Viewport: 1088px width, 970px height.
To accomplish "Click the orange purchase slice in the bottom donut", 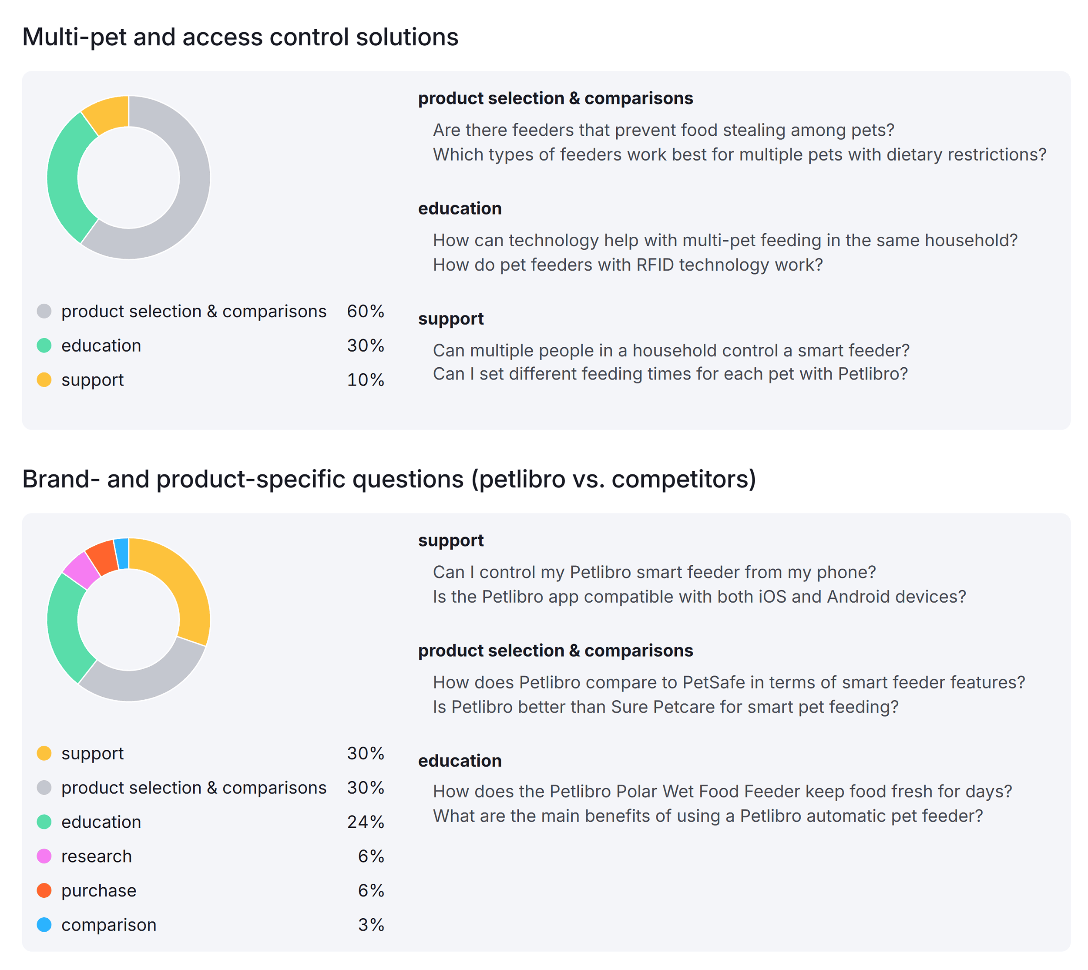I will click(x=102, y=557).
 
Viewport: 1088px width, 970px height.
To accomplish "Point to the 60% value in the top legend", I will click(x=365, y=311).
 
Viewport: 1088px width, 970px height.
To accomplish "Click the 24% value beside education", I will click(x=365, y=822).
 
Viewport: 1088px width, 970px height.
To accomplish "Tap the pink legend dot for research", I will click(x=44, y=856).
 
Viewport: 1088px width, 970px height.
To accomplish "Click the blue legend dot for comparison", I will click(x=44, y=925).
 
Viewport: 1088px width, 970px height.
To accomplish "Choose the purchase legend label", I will click(x=99, y=891).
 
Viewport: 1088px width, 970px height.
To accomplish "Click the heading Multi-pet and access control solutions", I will click(x=240, y=37).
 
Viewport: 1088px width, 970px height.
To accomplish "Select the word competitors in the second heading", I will click(x=679, y=479).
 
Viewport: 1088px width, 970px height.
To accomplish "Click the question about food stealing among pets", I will click(x=663, y=130).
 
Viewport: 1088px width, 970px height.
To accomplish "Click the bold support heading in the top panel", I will click(x=450, y=319).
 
